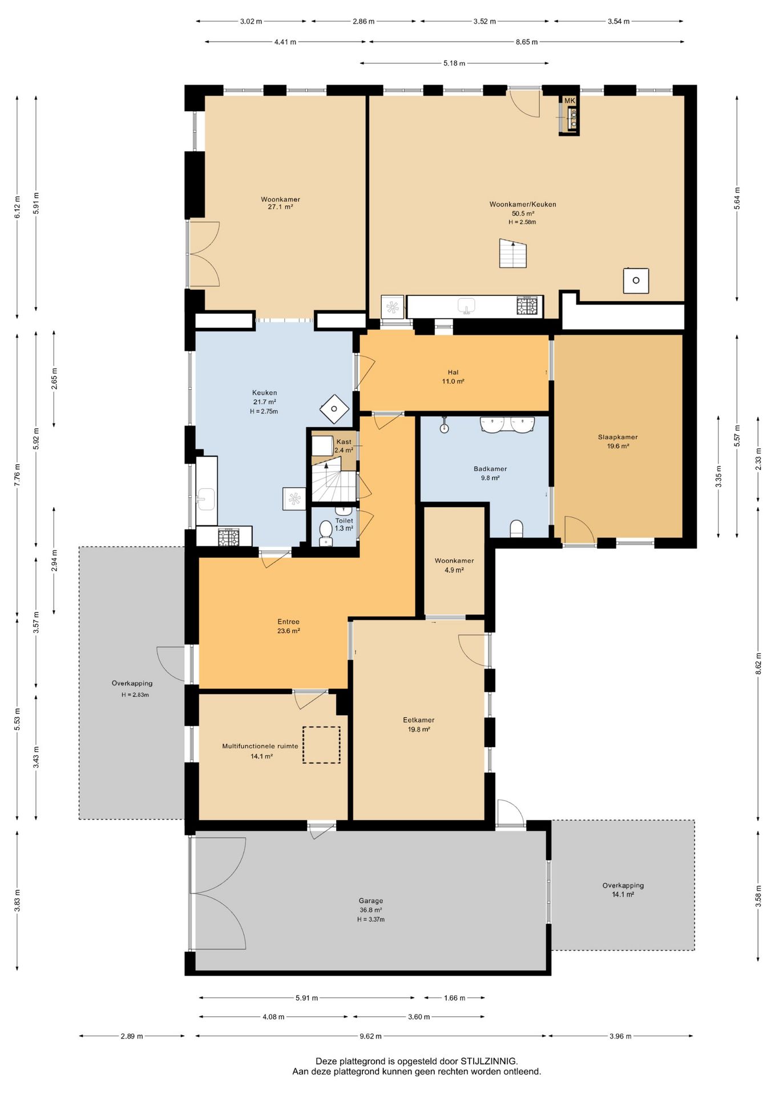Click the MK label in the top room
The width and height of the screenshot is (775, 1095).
click(570, 101)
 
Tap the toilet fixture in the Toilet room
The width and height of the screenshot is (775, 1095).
click(326, 532)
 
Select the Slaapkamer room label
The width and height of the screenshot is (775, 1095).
click(617, 437)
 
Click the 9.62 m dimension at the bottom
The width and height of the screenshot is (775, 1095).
click(370, 1036)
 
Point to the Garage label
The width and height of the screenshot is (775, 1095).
click(371, 901)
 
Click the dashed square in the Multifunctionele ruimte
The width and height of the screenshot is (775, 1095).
click(321, 745)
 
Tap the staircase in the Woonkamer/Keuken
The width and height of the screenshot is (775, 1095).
click(513, 254)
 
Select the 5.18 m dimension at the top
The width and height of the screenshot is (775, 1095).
click(454, 63)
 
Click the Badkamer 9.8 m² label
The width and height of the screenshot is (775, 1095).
click(490, 473)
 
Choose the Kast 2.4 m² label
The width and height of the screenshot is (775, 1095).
click(344, 446)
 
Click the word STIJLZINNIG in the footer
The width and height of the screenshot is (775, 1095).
click(489, 1061)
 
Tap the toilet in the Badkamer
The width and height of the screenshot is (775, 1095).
click(516, 528)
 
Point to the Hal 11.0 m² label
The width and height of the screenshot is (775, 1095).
click(453, 377)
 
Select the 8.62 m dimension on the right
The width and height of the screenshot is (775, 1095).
click(758, 664)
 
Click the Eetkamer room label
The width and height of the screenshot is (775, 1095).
click(419, 720)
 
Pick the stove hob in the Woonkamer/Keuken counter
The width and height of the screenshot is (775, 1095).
click(527, 306)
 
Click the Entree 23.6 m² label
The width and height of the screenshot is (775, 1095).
click(289, 626)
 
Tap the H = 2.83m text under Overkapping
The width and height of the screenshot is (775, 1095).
click(135, 695)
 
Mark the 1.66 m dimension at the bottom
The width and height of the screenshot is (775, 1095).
click(454, 998)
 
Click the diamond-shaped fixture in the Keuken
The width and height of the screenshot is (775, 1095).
click(334, 409)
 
